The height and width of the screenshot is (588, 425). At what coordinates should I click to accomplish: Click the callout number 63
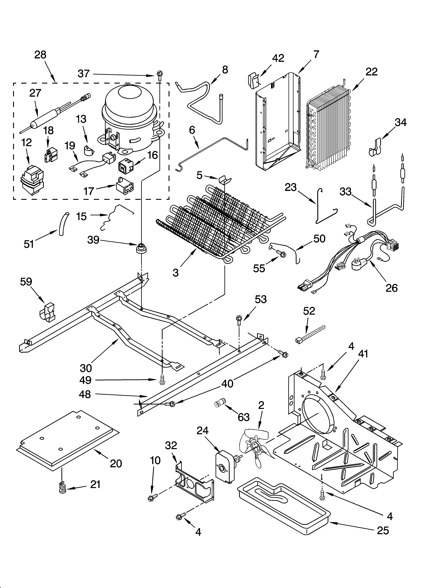[x=244, y=417]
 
